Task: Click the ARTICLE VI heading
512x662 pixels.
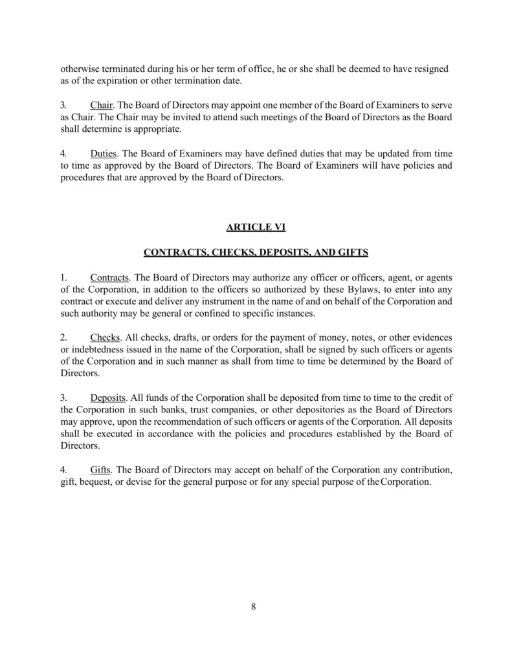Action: (256, 227)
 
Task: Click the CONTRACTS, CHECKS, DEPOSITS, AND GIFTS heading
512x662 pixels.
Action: (256, 252)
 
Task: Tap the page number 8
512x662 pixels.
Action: (254, 606)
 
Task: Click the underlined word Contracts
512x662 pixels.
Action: (109, 277)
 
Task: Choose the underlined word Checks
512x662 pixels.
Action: (105, 338)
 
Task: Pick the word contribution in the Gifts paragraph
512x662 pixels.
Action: (419, 469)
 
